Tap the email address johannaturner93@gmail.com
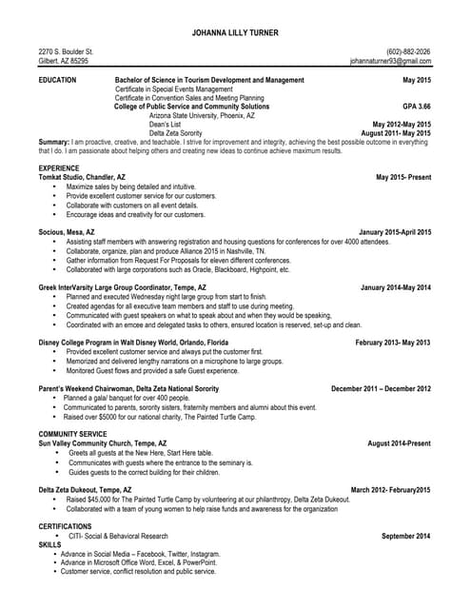click(x=391, y=61)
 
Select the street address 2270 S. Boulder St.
click(x=66, y=51)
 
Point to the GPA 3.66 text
click(x=417, y=107)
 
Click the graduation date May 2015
click(x=417, y=81)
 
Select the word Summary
click(x=53, y=142)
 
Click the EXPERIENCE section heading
click(x=59, y=168)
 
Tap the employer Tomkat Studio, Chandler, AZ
click(x=82, y=178)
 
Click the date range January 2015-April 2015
click(x=395, y=232)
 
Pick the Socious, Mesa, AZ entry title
click(x=67, y=232)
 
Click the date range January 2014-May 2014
click(x=396, y=286)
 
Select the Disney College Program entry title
click(x=133, y=342)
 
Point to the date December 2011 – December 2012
click(x=381, y=388)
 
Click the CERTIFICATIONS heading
click(x=65, y=525)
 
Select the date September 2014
click(x=406, y=536)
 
